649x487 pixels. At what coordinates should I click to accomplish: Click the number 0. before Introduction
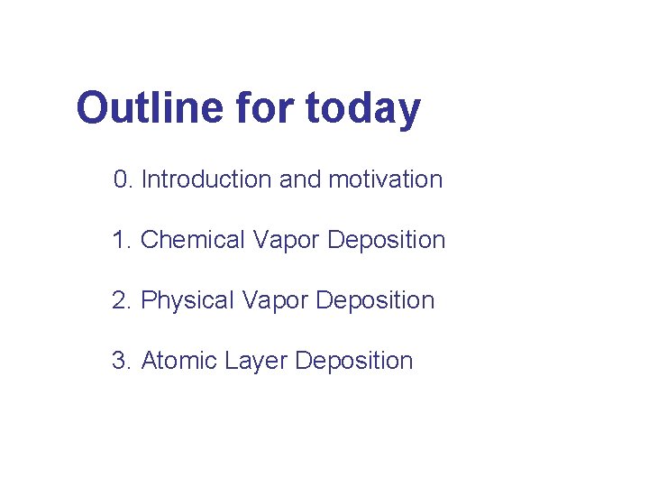tap(123, 179)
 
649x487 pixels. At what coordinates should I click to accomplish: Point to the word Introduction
tap(206, 179)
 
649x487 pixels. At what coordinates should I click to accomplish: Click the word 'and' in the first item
tap(300, 179)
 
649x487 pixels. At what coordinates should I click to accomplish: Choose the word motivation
tap(386, 179)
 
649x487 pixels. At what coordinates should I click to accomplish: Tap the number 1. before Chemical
tap(123, 240)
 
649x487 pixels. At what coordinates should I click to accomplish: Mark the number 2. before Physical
tap(123, 300)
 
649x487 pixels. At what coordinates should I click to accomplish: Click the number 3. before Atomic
tap(123, 361)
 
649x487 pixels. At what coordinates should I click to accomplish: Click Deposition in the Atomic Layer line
tap(354, 362)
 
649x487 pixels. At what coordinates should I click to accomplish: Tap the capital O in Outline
tap(94, 108)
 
